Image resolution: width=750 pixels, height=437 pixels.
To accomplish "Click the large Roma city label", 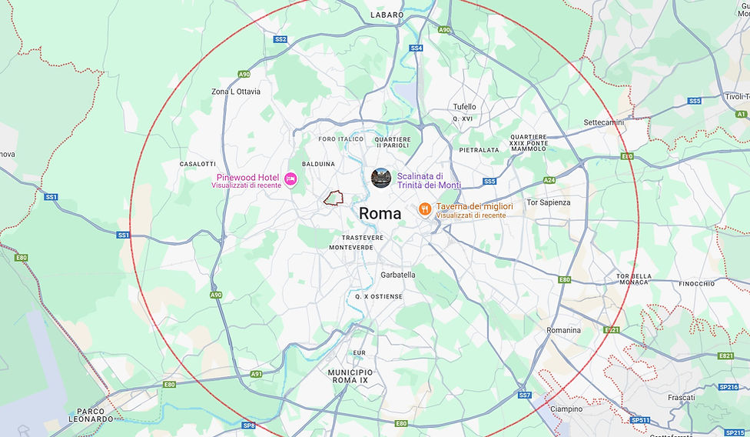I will point(380,213).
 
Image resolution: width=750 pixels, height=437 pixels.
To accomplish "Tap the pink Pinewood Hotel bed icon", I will point(290,178).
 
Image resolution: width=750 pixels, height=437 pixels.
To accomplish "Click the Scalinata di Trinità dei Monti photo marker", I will point(380,178).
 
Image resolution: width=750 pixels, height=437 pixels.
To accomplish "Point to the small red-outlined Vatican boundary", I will point(332,198).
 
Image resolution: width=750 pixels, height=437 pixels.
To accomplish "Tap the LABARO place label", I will point(387,15).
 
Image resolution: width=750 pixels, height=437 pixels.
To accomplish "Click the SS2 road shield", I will point(280,39).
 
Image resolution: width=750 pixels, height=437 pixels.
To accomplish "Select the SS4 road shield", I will point(416,48).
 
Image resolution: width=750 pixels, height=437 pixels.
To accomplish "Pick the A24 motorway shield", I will point(549,180).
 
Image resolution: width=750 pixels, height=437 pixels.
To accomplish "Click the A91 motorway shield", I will point(256,374).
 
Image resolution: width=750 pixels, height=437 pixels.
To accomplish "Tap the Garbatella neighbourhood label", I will point(397,275).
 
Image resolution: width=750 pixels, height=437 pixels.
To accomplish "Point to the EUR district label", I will point(360,352).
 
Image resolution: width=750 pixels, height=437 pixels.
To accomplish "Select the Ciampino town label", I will point(566,409).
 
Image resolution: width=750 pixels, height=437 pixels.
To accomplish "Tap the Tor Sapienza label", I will point(548,202).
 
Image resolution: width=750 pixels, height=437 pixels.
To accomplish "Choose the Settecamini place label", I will point(604,122).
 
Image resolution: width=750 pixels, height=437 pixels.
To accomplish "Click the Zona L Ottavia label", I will point(236,92).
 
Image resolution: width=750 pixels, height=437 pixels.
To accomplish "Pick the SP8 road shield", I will point(248,425).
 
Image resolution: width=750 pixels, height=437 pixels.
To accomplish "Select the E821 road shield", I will point(725,355).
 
